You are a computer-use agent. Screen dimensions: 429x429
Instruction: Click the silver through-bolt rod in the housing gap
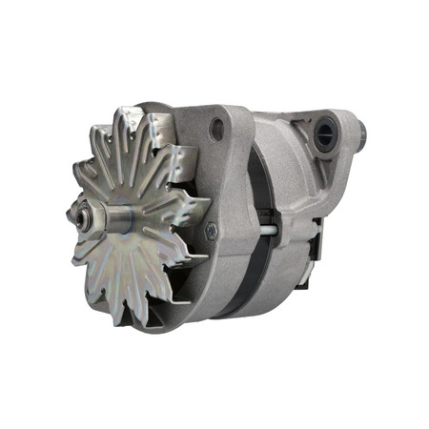pos(270,229)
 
